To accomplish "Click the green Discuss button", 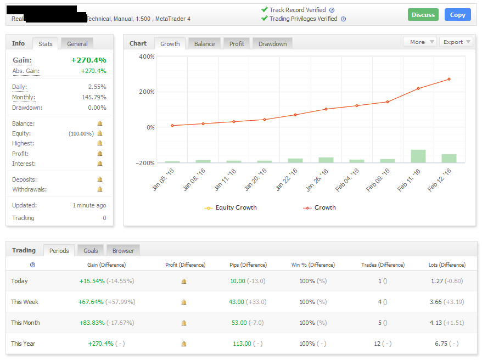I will click(x=423, y=15).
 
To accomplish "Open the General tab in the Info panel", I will click(x=77, y=44).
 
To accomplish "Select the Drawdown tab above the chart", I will click(x=272, y=44).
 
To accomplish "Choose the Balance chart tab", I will click(x=204, y=44).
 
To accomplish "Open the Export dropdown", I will click(x=456, y=42).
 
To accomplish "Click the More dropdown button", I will click(x=420, y=42).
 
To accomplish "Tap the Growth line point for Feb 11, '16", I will click(x=418, y=88).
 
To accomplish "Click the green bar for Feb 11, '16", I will click(x=418, y=156).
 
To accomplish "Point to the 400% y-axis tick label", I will click(x=147, y=57).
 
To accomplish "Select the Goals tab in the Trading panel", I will click(x=91, y=251).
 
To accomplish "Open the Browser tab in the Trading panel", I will click(x=123, y=251).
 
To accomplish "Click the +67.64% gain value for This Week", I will click(x=92, y=302).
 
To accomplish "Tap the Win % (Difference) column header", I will click(x=313, y=265).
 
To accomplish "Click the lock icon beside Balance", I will click(x=100, y=123).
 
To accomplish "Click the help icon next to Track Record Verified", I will click(x=332, y=10).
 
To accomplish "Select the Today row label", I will click(x=19, y=281).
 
